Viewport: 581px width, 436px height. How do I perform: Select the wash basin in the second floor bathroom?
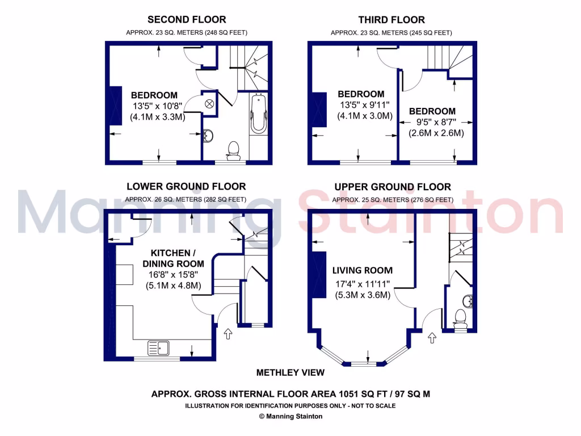tap(208, 136)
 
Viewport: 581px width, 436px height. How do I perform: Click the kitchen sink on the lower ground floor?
tap(159, 346)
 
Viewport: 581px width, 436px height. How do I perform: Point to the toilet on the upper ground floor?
tap(461, 318)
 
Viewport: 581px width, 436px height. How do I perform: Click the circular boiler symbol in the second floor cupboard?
tap(209, 103)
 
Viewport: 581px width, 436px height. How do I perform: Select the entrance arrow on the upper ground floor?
tap(431, 338)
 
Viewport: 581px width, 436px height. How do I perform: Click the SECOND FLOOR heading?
tap(187, 20)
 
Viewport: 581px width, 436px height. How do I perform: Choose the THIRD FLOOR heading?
tap(391, 20)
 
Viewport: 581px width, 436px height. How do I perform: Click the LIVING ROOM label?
tap(363, 270)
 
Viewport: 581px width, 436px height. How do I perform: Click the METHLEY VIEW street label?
tap(290, 372)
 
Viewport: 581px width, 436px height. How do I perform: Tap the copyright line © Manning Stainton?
tap(290, 416)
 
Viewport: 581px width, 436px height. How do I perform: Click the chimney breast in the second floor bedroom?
tap(115, 104)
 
